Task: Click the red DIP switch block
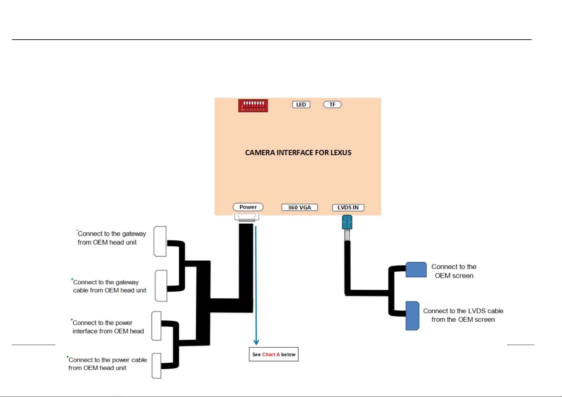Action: tap(253, 106)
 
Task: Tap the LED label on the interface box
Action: tap(301, 105)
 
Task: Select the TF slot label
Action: tap(332, 105)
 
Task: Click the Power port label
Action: tap(248, 207)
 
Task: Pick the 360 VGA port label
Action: tap(299, 207)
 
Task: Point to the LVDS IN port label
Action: tap(348, 208)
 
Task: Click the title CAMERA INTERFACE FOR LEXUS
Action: tap(298, 152)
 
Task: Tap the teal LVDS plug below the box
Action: tap(347, 222)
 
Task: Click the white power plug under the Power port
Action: tap(247, 217)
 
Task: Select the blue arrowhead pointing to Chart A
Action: tap(256, 342)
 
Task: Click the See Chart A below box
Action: tap(274, 354)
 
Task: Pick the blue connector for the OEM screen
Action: tap(416, 270)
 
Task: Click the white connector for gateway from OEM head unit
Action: tap(160, 241)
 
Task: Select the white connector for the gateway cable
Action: tap(161, 286)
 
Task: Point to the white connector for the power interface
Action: tap(156, 326)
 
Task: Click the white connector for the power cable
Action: tap(156, 366)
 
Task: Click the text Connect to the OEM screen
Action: tap(454, 271)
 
